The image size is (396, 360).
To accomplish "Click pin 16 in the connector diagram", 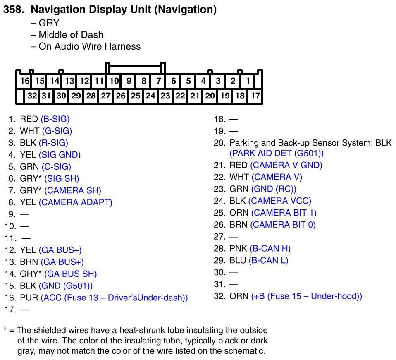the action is [x=25, y=81].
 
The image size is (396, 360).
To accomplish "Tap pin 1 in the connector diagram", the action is [x=248, y=81].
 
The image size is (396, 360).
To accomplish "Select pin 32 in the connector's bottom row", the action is [x=32, y=96].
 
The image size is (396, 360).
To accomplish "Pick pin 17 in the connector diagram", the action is [x=255, y=96].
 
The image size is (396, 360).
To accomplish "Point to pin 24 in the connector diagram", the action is [x=150, y=96].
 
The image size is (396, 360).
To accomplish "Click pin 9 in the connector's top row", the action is [x=129, y=81].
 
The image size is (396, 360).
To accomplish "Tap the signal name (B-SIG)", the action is [x=55, y=119].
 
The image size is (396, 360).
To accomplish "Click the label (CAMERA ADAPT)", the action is [x=75, y=202].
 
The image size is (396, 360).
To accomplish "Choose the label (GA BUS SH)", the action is [x=70, y=274].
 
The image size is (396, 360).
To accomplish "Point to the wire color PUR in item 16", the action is [x=29, y=298].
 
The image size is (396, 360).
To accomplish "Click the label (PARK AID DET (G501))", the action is [x=277, y=153].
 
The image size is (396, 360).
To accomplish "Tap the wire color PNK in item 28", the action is [x=239, y=249].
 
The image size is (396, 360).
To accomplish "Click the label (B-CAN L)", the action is [x=269, y=261].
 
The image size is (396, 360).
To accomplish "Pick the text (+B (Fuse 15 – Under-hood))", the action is [x=306, y=296].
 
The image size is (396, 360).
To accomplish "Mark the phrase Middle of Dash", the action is [x=71, y=35].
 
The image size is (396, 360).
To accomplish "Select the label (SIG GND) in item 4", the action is [x=60, y=155].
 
